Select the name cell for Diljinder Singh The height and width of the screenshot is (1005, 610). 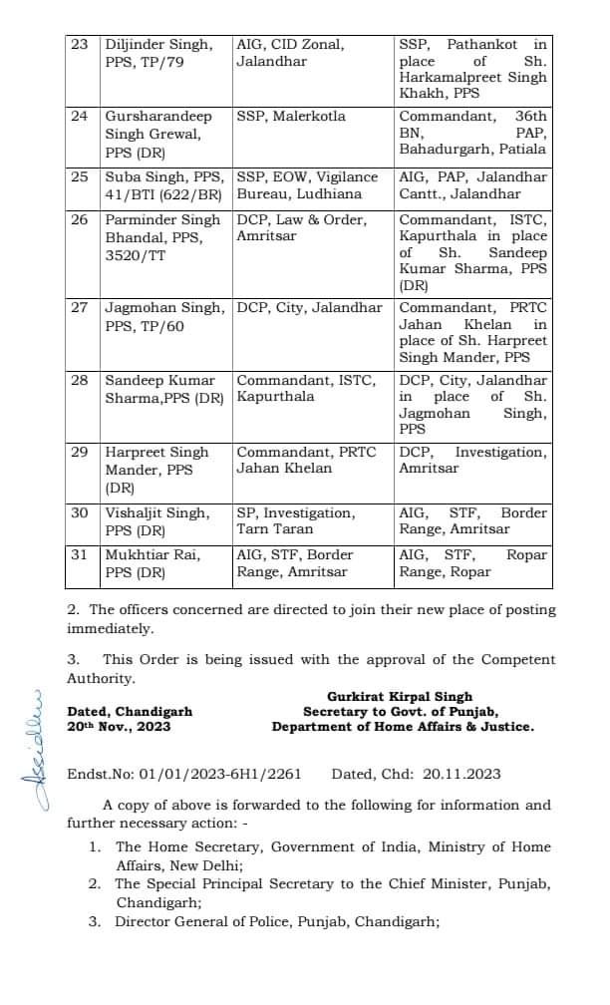(x=165, y=53)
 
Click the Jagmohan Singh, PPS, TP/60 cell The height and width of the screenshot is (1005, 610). (x=165, y=317)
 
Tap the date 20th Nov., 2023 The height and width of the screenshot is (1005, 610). (x=119, y=727)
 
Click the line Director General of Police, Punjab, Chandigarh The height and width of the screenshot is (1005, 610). (x=277, y=922)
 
